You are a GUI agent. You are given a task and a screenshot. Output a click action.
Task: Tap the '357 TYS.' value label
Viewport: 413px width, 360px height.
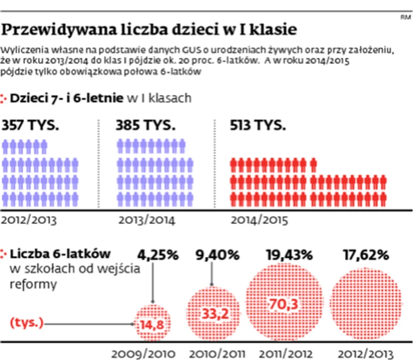click(x=31, y=126)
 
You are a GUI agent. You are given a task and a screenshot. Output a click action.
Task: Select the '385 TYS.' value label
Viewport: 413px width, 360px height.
click(x=146, y=126)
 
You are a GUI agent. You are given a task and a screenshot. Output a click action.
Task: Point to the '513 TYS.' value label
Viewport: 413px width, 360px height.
click(x=259, y=126)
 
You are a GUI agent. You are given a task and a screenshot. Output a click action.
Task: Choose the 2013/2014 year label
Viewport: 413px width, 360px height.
click(x=147, y=221)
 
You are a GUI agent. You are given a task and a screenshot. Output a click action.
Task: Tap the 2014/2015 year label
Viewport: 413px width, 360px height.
click(x=260, y=221)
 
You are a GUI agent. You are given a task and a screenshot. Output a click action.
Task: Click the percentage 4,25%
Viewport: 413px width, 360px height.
click(x=156, y=255)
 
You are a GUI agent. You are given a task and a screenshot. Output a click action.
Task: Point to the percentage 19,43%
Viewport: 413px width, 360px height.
click(x=289, y=255)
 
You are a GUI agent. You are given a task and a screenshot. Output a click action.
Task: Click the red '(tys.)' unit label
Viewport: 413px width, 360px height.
click(x=27, y=324)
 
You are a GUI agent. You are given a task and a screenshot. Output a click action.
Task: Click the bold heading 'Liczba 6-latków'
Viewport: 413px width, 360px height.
click(x=61, y=254)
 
